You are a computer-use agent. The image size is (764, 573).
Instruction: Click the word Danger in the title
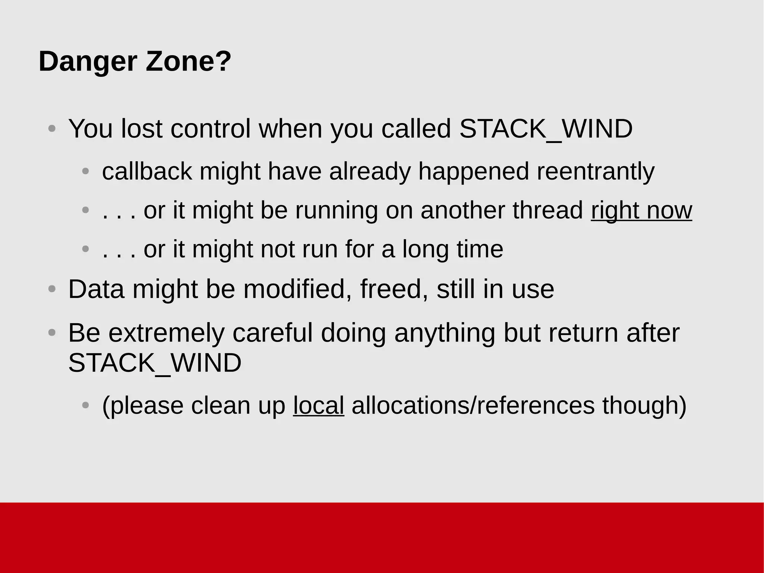pos(88,62)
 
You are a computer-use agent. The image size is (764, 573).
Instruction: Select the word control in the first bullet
pos(210,129)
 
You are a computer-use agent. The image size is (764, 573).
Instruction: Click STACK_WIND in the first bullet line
pos(546,129)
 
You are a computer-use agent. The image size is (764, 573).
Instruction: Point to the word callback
pos(147,172)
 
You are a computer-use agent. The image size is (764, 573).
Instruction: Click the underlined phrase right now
pos(641,210)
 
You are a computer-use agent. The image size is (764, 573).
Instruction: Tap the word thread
pos(548,210)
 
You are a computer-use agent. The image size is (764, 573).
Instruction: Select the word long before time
pos(425,249)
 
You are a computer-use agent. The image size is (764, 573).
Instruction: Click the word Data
pos(96,289)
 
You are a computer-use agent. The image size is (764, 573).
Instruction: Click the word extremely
pos(166,333)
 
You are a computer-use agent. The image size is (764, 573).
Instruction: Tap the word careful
pos(272,333)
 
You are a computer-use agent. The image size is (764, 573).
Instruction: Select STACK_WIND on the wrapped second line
pos(155,363)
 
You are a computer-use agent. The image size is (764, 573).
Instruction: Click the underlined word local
pos(319,405)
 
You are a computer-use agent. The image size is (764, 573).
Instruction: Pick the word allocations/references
pos(473,405)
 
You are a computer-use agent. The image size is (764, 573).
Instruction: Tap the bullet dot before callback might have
pos(85,172)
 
